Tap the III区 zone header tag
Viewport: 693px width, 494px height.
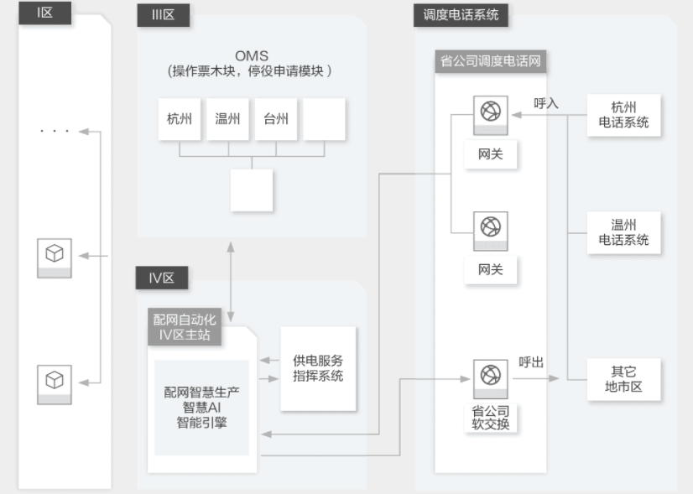coord(163,15)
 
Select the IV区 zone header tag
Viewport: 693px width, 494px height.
coord(162,278)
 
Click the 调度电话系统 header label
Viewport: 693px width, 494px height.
coord(461,14)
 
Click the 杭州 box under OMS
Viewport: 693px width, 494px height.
coord(180,119)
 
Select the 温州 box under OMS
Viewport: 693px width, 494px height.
coord(227,119)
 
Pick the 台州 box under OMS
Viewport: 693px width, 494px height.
coord(276,119)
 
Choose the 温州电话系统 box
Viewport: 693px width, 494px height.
coord(623,232)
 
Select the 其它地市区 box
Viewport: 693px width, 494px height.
coord(623,380)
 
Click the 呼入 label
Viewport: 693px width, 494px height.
coord(546,103)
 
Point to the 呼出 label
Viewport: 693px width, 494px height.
coord(531,362)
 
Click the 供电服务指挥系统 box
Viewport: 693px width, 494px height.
coord(318,368)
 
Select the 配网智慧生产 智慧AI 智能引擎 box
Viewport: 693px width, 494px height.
coord(201,407)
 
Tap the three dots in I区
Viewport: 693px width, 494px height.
coord(55,132)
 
